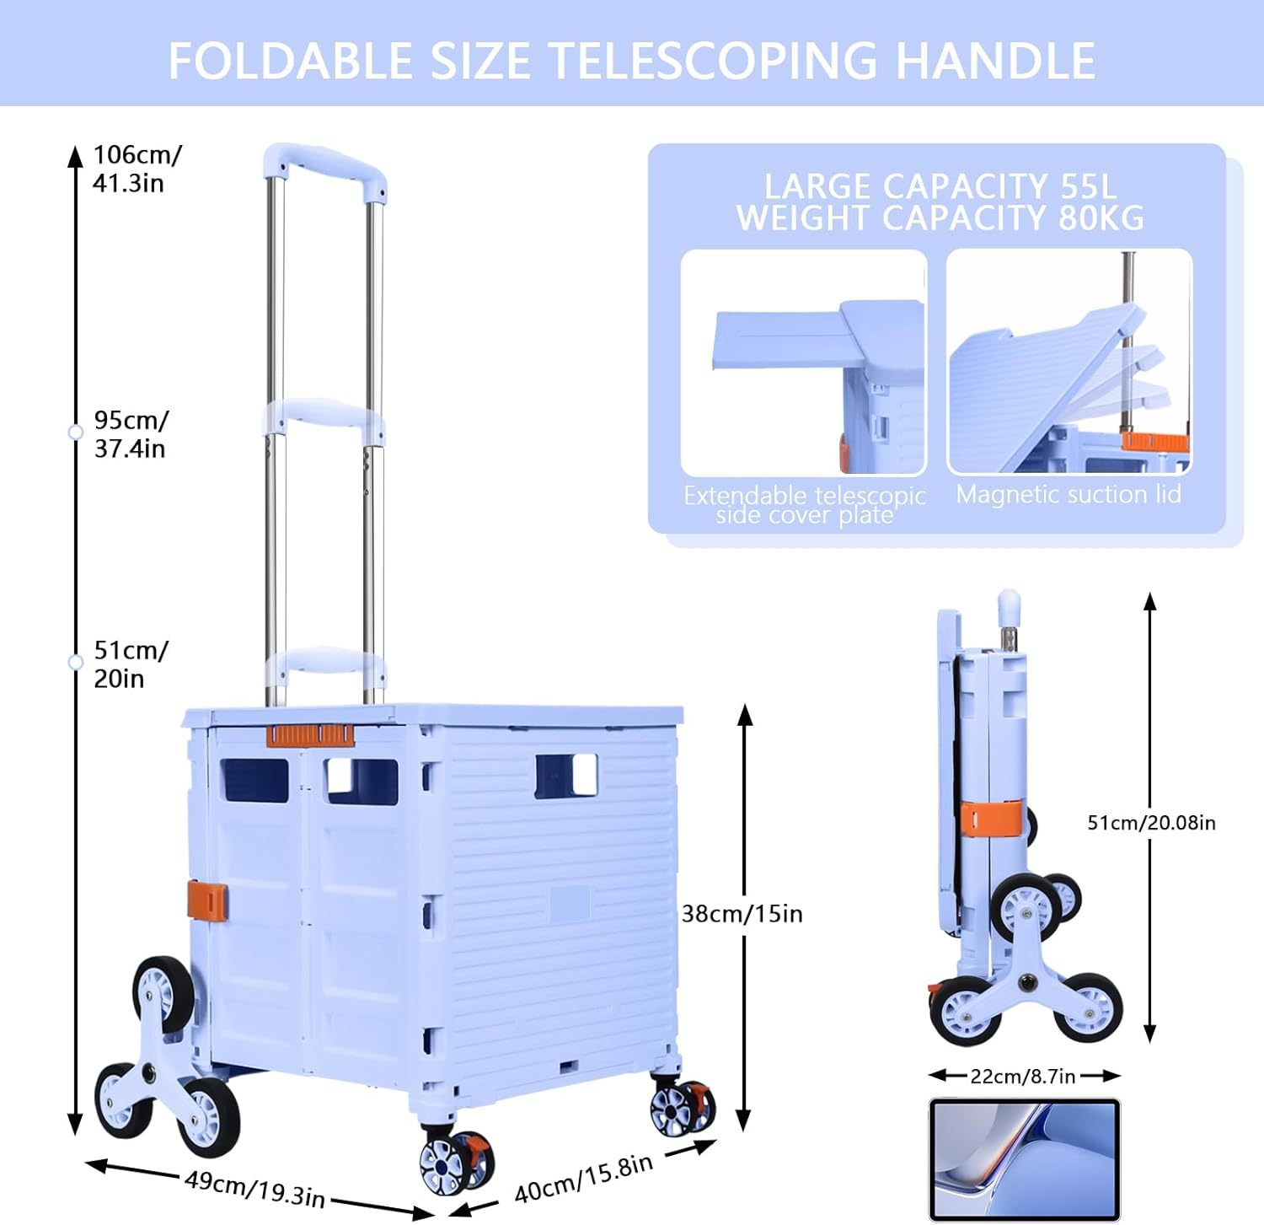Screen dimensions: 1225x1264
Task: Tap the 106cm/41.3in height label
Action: (x=136, y=169)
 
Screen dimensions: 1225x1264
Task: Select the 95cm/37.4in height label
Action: (x=131, y=434)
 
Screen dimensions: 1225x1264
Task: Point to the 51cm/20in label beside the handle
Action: (x=131, y=664)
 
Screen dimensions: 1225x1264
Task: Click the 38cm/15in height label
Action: (x=742, y=914)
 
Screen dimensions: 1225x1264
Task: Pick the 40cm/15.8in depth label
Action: (x=583, y=1179)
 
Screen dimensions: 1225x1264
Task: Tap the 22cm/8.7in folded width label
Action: (x=1022, y=1077)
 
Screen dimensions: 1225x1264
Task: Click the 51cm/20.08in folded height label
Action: (x=1151, y=823)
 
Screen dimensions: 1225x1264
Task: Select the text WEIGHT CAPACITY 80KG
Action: (x=940, y=218)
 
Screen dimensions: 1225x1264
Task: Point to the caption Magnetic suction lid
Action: (x=1069, y=494)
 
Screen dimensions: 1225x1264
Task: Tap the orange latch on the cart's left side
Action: (x=207, y=900)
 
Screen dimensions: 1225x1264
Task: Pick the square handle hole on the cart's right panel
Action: (x=566, y=776)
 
